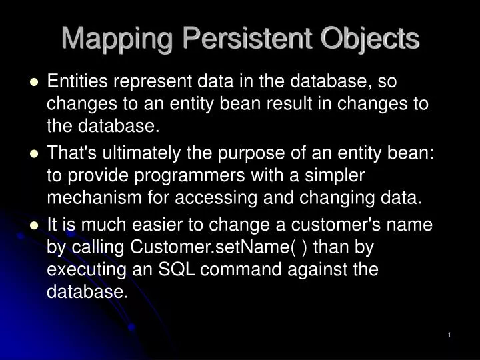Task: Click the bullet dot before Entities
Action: [x=35, y=82]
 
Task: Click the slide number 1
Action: [x=450, y=334]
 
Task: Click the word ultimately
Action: [x=149, y=153]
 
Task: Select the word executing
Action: [x=81, y=270]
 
